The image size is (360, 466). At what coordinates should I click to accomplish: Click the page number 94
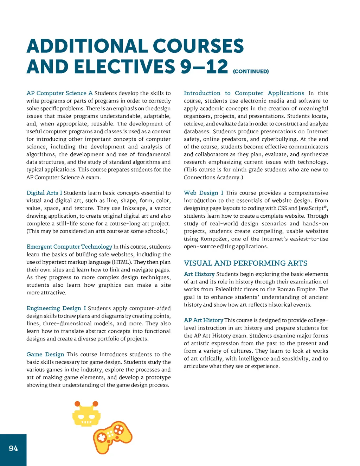click(x=13, y=448)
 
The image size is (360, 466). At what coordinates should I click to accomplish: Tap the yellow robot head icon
click(x=86, y=415)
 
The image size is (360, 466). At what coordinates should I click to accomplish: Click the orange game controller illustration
click(x=112, y=437)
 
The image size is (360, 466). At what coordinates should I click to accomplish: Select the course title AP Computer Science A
click(x=59, y=93)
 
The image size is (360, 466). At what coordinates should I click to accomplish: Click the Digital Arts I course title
click(x=44, y=193)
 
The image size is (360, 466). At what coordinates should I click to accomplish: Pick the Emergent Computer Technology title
click(x=69, y=247)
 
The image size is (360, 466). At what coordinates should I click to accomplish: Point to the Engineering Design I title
click(x=56, y=308)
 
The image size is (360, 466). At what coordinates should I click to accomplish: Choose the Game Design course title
click(x=45, y=354)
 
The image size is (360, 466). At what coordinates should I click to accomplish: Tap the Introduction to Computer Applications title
click(x=244, y=93)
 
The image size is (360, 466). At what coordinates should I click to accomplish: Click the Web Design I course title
click(x=204, y=193)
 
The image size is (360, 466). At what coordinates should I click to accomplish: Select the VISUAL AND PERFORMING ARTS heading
click(x=245, y=263)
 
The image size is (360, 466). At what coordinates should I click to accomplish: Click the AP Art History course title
click(x=204, y=320)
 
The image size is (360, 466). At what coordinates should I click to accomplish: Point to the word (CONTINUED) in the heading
click(x=251, y=71)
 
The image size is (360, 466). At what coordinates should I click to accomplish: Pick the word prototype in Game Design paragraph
click(x=156, y=377)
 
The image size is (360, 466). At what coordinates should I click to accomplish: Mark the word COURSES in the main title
click(x=198, y=46)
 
